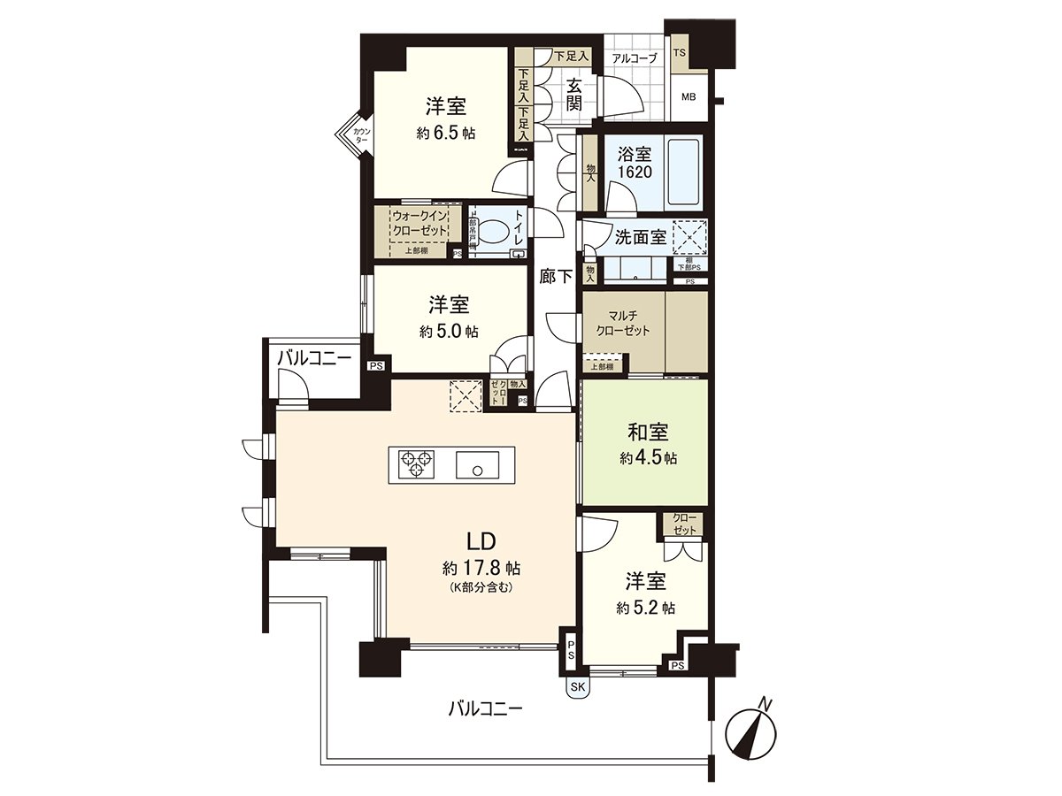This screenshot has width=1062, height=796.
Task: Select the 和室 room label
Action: pyautogui.click(x=648, y=432)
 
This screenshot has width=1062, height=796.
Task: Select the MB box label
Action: pyautogui.click(x=689, y=96)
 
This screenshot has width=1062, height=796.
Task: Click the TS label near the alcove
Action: pyautogui.click(x=680, y=53)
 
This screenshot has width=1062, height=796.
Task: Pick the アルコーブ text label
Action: pyautogui.click(x=634, y=58)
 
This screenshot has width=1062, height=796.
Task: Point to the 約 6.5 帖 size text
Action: pyautogui.click(x=446, y=134)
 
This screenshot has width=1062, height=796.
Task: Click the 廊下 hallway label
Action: pyautogui.click(x=555, y=275)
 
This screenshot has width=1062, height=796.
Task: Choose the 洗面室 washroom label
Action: pyautogui.click(x=642, y=238)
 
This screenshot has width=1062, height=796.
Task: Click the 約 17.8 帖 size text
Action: pyautogui.click(x=481, y=566)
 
